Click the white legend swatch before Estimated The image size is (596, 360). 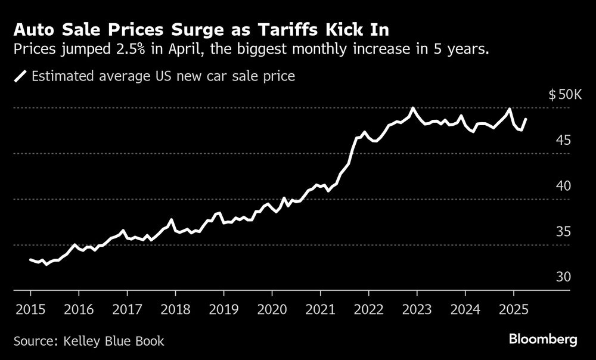(21, 76)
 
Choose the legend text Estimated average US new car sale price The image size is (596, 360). (163, 76)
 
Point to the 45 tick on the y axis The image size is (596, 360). (564, 140)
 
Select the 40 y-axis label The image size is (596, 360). (564, 186)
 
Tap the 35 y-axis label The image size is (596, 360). (564, 232)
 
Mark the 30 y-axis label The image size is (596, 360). (564, 277)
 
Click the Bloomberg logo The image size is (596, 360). (544, 340)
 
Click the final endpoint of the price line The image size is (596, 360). (526, 119)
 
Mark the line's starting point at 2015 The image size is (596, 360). (30, 259)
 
